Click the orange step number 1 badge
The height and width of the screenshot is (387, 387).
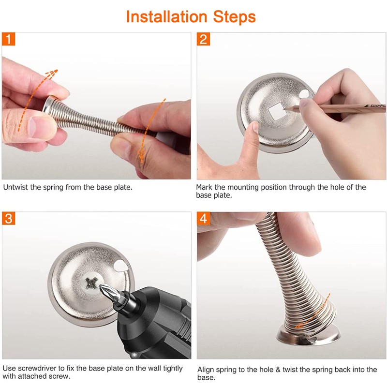point(8,39)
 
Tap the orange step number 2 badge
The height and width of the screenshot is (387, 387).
point(203,39)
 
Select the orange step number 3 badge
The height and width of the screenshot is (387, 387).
point(8,219)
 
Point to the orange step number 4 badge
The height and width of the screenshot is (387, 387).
point(203,219)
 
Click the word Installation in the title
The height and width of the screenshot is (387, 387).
point(166,17)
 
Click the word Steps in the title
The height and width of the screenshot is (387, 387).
point(234,17)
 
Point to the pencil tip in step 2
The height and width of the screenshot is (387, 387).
point(284,108)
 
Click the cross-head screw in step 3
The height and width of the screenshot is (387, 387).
point(91,283)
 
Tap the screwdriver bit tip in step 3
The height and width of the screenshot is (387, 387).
point(101,286)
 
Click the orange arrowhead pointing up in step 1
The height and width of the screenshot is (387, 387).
point(52,74)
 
